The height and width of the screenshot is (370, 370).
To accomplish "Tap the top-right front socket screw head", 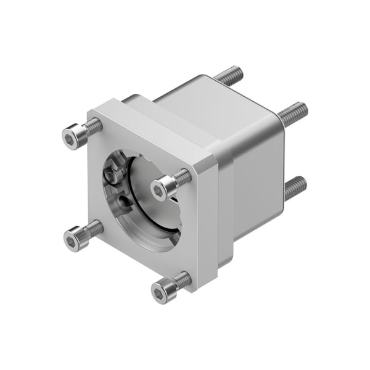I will point(162,187).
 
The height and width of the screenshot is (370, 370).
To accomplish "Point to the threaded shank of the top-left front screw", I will point(92,126).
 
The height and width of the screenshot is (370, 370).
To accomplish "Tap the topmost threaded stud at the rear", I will point(228,76).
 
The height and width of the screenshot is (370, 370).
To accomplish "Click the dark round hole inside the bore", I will point(126,200).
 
